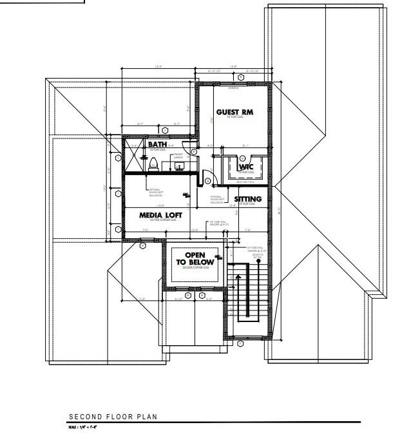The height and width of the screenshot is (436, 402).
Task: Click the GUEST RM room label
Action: [235, 112]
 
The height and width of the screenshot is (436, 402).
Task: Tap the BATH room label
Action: [158, 144]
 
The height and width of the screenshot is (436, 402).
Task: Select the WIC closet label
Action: [246, 167]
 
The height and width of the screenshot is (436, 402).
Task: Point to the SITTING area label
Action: [248, 199]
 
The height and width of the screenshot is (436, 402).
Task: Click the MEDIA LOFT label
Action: [161, 214]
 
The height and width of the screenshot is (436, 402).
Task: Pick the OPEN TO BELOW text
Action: [195, 259]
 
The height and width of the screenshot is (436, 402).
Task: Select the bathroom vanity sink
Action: [178, 167]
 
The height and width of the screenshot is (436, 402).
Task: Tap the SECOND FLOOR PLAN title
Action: [113, 417]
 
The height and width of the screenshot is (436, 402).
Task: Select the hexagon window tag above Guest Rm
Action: [240, 77]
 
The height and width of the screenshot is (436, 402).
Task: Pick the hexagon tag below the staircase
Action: [240, 344]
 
